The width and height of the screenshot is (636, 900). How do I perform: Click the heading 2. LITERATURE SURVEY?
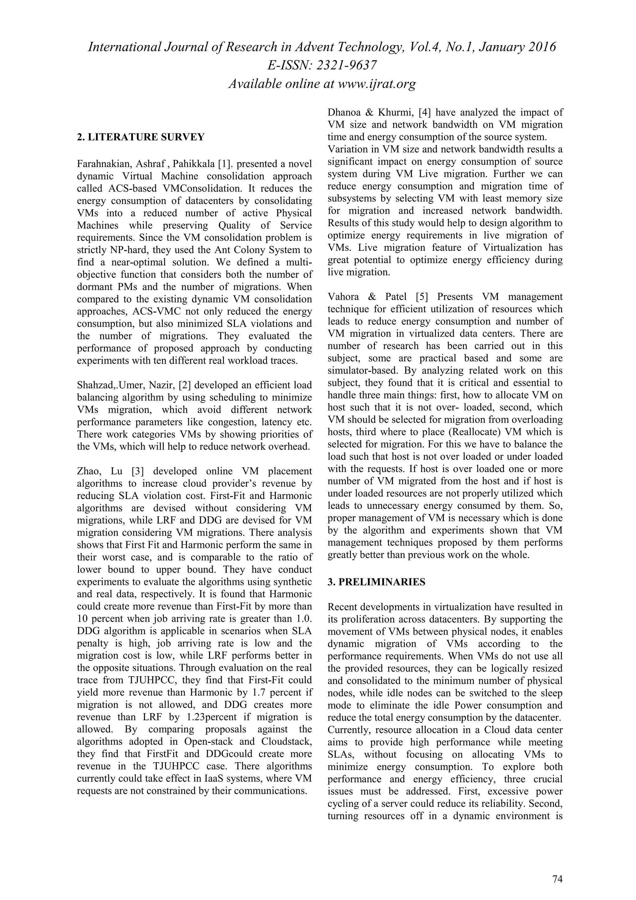click(141, 137)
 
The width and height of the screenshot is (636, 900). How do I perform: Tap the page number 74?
click(557, 868)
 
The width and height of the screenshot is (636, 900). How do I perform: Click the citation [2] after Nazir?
click(184, 385)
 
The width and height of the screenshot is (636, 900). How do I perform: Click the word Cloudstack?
click(289, 742)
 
